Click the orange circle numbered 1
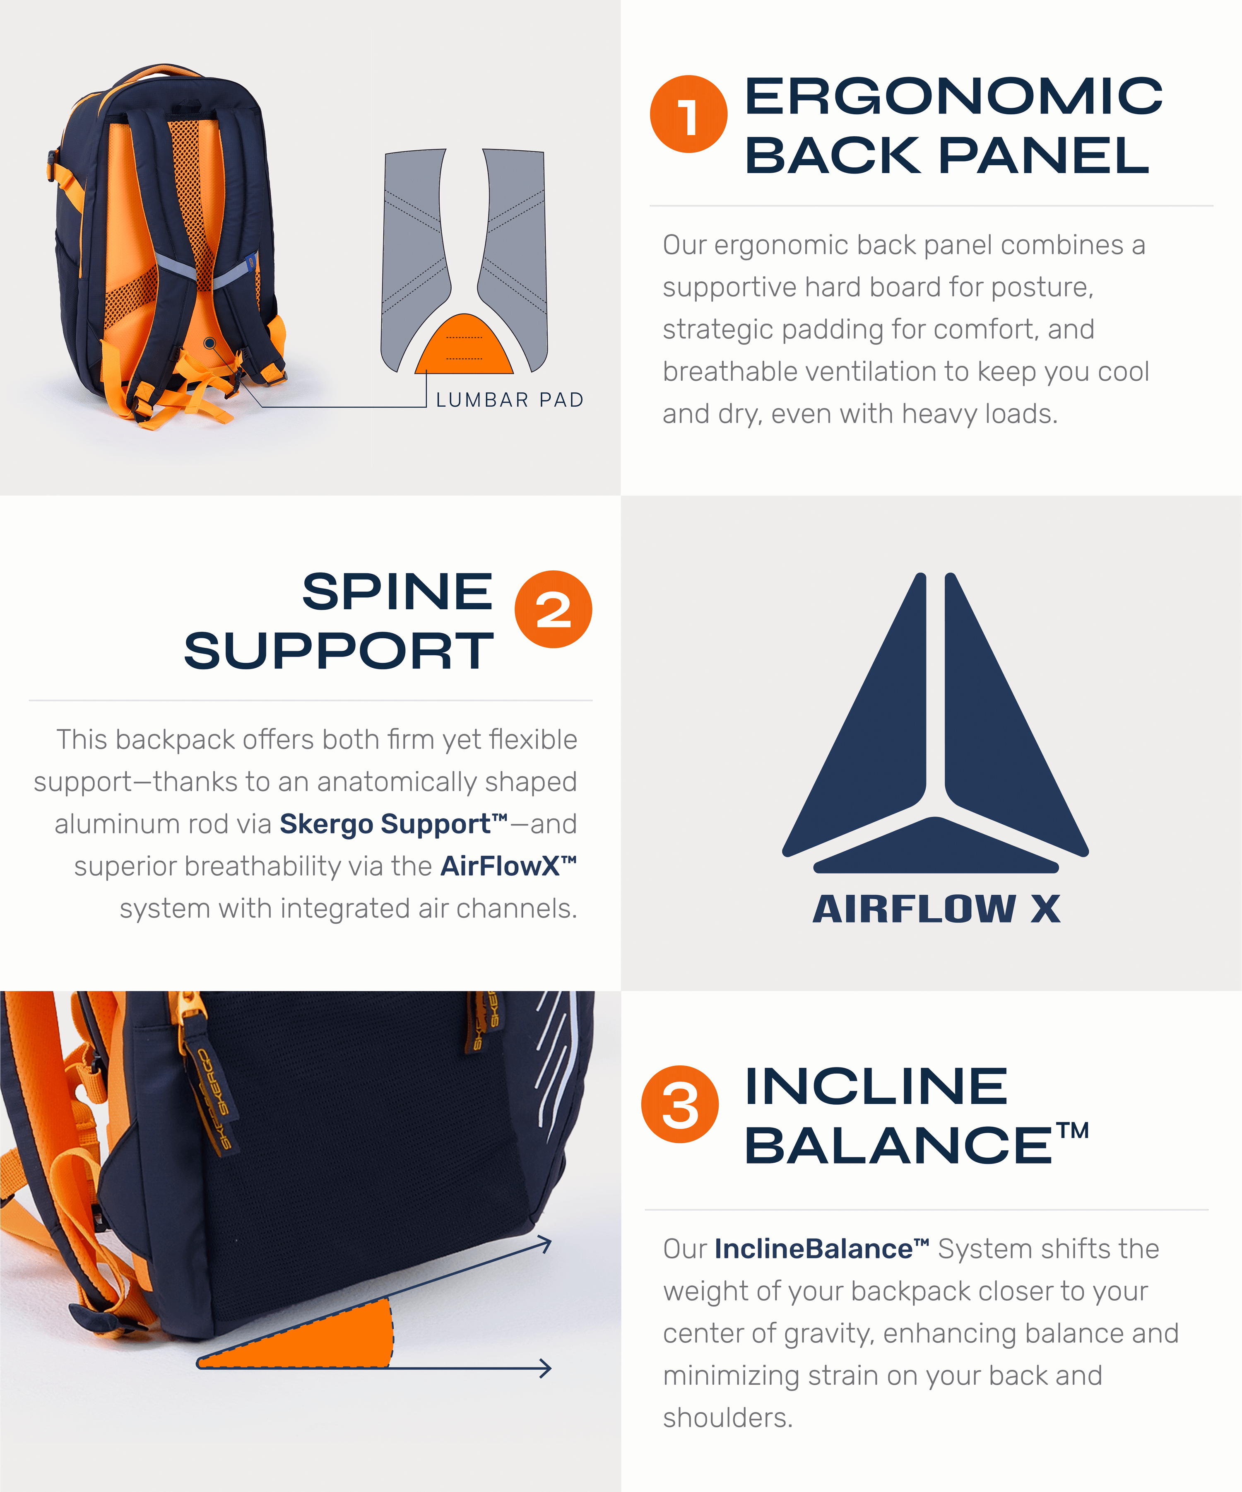[688, 113]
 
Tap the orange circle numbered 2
[553, 609]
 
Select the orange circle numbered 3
[680, 1104]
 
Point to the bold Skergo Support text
[393, 824]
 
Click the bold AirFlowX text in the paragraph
[508, 866]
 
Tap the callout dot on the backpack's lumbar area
[209, 343]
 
